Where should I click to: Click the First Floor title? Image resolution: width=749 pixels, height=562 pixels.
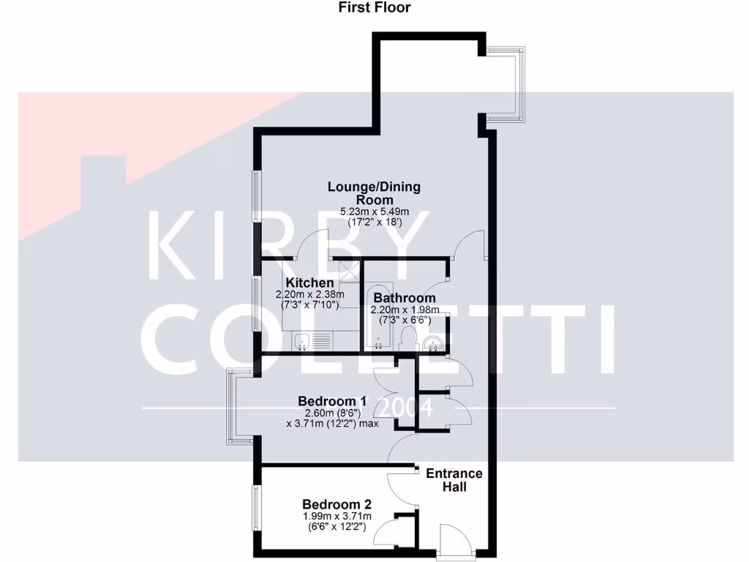374,8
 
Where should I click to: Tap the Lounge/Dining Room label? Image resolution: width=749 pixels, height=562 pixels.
374,193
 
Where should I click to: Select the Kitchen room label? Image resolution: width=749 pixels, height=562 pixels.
310,283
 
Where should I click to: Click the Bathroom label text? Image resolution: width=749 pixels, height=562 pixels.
404,299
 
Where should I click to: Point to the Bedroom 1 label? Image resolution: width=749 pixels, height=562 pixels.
332,402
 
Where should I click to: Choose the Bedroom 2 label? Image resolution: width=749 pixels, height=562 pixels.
337,505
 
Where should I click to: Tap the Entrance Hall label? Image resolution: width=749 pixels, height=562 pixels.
454,480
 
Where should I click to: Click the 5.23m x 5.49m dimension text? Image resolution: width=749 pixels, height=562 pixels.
374,212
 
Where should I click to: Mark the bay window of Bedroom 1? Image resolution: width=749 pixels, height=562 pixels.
237,407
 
